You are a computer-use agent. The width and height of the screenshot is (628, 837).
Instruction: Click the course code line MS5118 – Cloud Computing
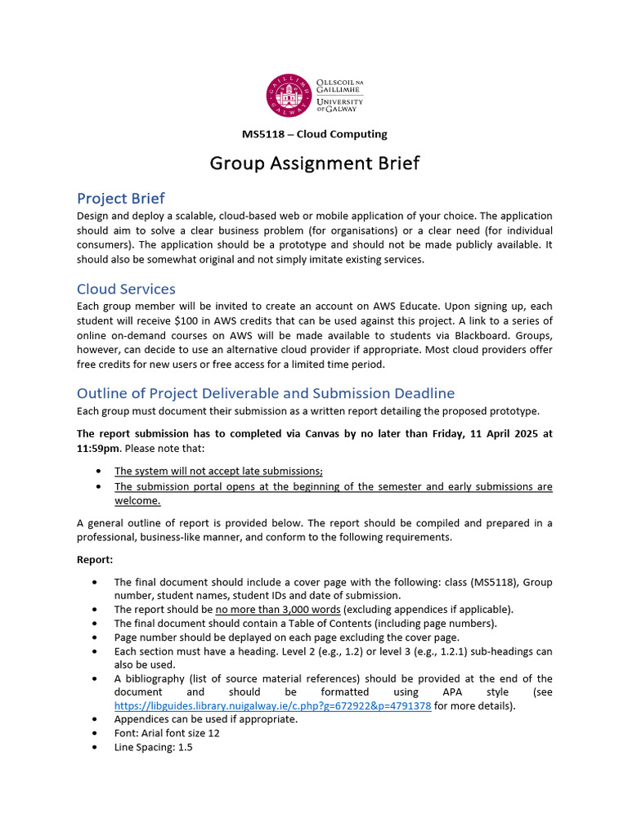click(x=314, y=134)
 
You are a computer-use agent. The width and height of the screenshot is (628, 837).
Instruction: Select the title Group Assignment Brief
click(x=314, y=163)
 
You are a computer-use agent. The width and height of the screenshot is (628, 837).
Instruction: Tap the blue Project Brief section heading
click(x=120, y=199)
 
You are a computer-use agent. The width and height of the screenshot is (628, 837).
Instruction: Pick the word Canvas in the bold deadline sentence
click(x=302, y=434)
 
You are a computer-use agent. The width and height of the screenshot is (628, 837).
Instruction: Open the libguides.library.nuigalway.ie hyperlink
click(x=272, y=706)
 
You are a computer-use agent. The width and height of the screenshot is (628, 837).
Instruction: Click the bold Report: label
click(x=96, y=561)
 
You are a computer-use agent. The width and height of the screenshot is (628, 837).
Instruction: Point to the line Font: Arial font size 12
click(x=167, y=733)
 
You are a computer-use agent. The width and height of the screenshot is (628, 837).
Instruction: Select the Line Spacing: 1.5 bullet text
click(x=153, y=747)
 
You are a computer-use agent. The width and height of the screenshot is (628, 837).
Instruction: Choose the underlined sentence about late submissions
click(x=218, y=471)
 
